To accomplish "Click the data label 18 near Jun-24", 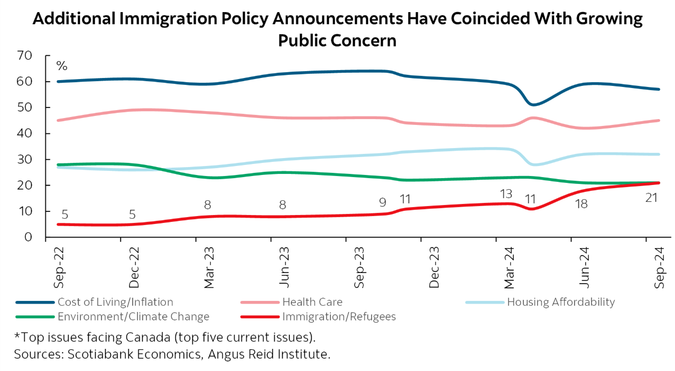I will [581, 204].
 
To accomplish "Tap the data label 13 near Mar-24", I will [506, 193].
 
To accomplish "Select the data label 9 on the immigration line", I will [382, 202].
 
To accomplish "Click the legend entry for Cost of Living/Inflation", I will [115, 302].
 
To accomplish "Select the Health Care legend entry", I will [312, 302].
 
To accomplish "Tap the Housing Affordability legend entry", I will [561, 302].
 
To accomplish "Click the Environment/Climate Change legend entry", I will [133, 317].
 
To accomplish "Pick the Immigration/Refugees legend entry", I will [339, 317].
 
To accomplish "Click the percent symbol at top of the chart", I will [62, 66].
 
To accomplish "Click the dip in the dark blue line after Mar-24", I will [533, 104].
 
